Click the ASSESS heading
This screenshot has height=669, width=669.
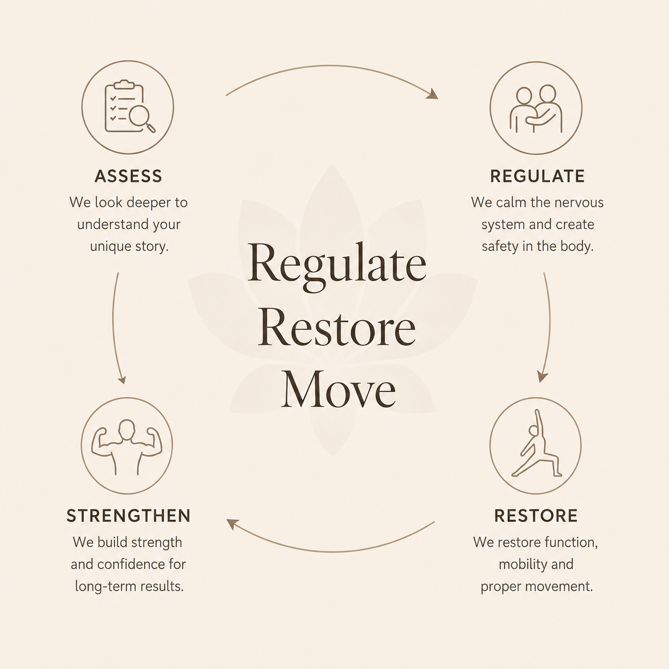128,176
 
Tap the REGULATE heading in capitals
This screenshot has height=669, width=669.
537,176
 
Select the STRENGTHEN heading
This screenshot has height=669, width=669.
129,515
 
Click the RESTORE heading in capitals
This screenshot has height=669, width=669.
536,515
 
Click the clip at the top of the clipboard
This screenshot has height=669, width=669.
124,84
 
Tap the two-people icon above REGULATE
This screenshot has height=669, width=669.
536,109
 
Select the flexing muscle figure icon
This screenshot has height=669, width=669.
127,447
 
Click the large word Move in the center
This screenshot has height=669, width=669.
338,389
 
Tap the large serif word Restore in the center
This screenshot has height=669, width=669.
337,327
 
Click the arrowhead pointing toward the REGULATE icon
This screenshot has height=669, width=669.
432,94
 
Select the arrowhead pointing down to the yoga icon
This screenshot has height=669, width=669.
542,376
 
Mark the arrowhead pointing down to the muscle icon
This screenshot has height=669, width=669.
122,379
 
